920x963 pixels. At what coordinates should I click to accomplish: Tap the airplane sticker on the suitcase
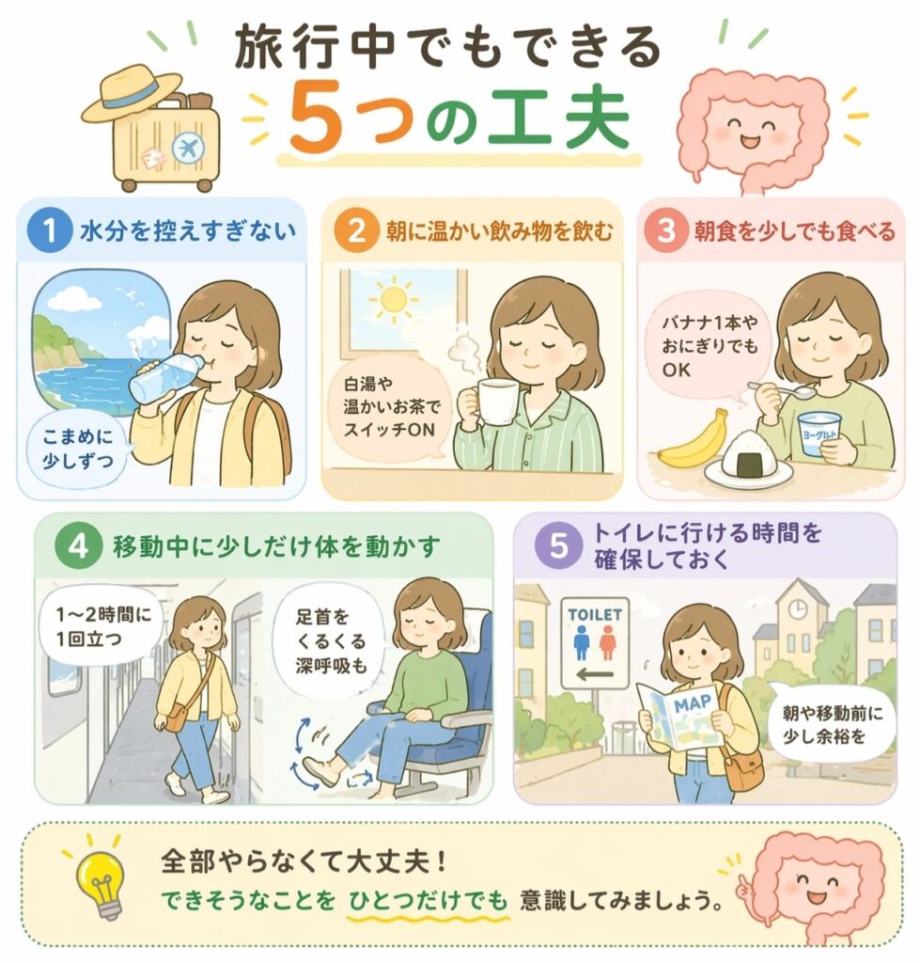click(187, 149)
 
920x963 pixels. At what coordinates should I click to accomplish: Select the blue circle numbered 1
click(50, 231)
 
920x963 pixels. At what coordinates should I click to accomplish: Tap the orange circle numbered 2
click(356, 231)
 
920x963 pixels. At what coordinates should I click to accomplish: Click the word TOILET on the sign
click(594, 615)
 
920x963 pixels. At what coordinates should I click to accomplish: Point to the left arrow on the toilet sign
click(595, 675)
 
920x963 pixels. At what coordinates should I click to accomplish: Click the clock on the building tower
click(797, 609)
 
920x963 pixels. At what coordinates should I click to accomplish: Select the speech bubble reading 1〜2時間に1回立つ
click(101, 627)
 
